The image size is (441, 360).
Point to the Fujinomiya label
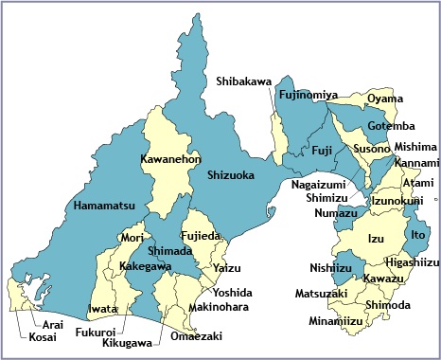[x=309, y=96]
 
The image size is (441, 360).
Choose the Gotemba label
[x=390, y=126]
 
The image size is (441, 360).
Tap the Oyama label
[x=384, y=99]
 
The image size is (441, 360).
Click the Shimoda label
[x=387, y=304]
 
